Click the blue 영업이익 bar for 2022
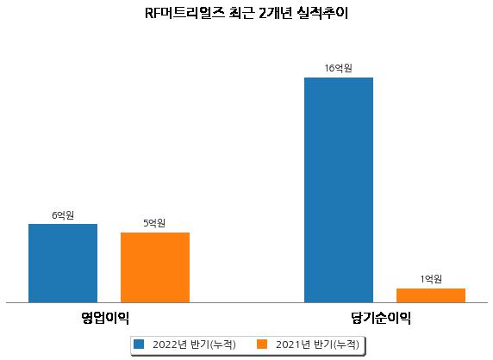click(x=63, y=264)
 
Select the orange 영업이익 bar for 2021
click(x=155, y=268)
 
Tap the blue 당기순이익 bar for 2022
click(x=339, y=190)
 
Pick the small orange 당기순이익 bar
click(x=431, y=295)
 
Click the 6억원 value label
click(x=63, y=215)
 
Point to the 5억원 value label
click(x=154, y=223)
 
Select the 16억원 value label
click(x=339, y=68)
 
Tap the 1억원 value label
click(x=431, y=279)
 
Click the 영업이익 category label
click(x=105, y=318)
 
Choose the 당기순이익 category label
click(x=381, y=318)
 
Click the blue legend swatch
click(x=139, y=344)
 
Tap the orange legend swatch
click(x=262, y=344)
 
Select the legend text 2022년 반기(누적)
click(x=194, y=344)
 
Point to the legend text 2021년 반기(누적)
click(x=317, y=344)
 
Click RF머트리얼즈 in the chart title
click(x=184, y=14)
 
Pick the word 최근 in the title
click(x=241, y=14)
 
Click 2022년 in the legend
click(x=170, y=344)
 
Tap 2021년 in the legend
click(x=293, y=344)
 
